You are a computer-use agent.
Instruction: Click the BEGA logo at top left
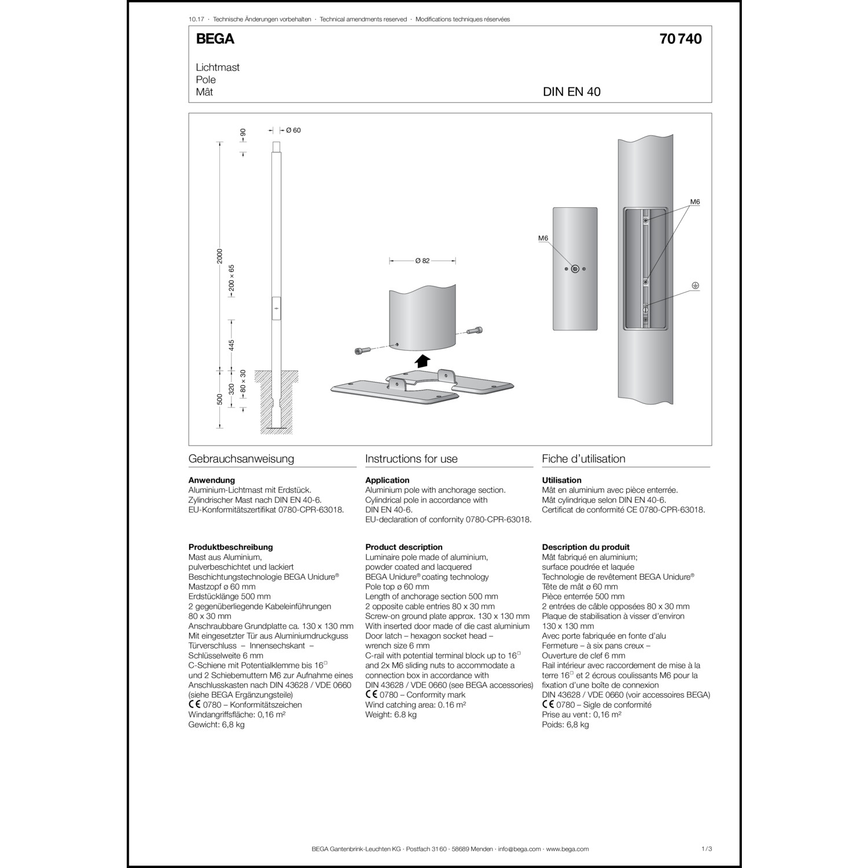click(x=215, y=39)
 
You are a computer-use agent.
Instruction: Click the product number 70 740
click(x=680, y=39)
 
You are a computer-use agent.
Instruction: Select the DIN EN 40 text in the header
click(x=571, y=92)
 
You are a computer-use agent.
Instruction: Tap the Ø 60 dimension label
click(x=293, y=130)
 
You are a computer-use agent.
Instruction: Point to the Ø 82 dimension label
click(x=422, y=261)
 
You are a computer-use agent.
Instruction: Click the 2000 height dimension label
click(x=220, y=256)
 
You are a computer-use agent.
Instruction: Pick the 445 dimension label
click(x=231, y=345)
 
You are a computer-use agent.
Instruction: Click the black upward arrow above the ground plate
click(x=423, y=361)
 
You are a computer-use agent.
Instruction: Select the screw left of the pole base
click(x=361, y=351)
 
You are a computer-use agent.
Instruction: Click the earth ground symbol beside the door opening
click(x=696, y=286)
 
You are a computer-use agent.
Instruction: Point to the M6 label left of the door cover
click(x=543, y=238)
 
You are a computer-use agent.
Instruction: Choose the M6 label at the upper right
click(x=695, y=202)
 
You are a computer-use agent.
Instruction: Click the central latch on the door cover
click(x=575, y=269)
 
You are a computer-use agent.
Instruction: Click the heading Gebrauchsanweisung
click(x=241, y=459)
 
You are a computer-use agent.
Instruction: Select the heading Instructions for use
click(x=411, y=459)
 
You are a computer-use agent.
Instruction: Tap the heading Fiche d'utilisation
click(x=583, y=459)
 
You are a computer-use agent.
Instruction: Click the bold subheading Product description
click(x=404, y=547)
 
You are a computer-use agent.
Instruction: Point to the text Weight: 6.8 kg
click(x=391, y=715)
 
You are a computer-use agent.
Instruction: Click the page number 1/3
click(x=706, y=849)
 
